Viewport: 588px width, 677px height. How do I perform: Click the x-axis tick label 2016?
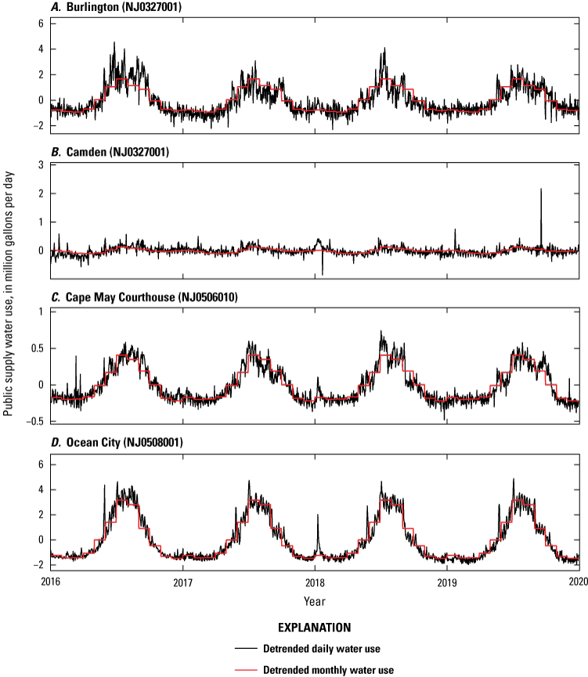[50, 582]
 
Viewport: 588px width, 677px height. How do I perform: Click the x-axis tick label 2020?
[578, 582]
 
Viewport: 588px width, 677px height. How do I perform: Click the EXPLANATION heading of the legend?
[314, 627]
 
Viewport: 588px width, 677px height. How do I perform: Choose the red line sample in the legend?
[249, 670]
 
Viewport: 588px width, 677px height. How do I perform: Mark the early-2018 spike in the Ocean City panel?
[318, 516]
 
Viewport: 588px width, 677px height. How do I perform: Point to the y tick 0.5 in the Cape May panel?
[34, 348]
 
